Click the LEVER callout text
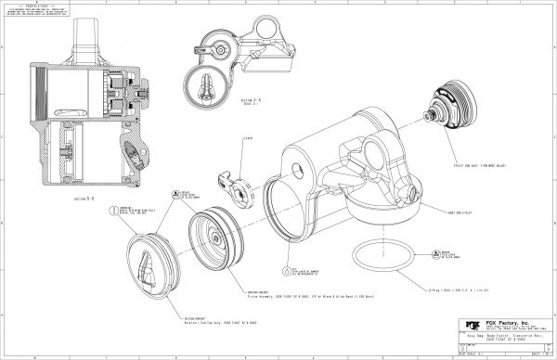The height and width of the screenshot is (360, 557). [249, 140]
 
